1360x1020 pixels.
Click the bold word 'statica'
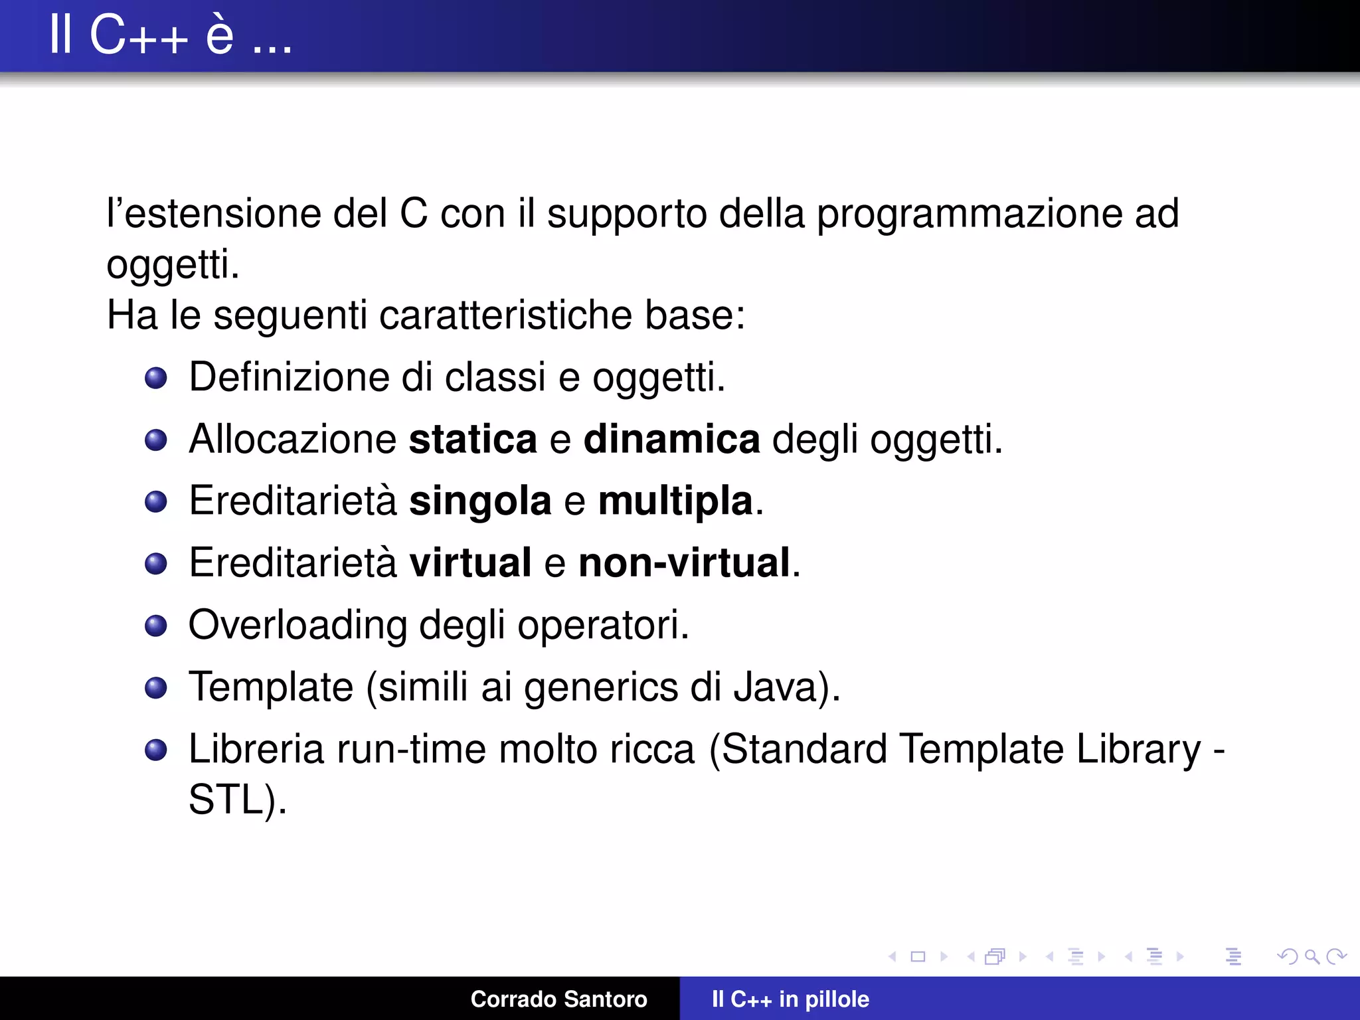coord(473,440)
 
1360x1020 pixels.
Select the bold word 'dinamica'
coord(671,440)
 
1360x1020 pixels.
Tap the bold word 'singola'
coord(480,501)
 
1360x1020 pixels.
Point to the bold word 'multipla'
coord(675,501)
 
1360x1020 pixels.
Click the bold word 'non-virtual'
coord(684,563)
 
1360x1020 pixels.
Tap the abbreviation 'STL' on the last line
coord(226,799)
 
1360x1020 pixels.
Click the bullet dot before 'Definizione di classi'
coord(156,378)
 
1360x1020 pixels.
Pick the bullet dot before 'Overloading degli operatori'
coord(156,626)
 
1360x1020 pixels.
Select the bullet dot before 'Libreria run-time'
coord(156,750)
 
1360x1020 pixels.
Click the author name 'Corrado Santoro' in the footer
coord(558,999)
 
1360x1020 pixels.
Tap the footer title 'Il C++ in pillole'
coord(790,999)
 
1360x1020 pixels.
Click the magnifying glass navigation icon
coord(1312,956)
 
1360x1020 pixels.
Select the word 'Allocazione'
coord(293,440)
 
